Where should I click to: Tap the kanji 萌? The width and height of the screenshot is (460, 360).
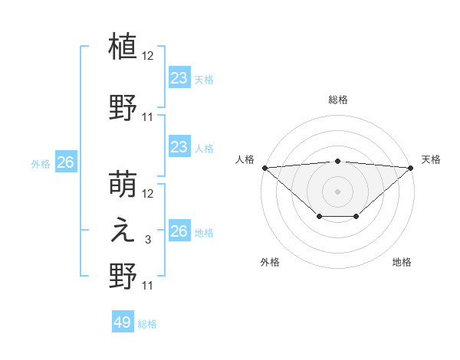click(x=123, y=186)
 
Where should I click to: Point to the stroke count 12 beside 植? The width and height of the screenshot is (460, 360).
click(x=148, y=56)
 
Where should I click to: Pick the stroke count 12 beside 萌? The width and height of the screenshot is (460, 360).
click(x=148, y=195)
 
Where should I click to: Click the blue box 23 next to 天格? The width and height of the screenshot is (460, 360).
click(x=179, y=78)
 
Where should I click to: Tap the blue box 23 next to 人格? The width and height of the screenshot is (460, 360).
click(x=179, y=147)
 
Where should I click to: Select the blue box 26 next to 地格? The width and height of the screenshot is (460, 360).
click(x=179, y=231)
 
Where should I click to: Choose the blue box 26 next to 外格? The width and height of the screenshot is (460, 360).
click(x=65, y=162)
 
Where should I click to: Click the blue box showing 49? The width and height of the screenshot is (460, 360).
click(x=123, y=322)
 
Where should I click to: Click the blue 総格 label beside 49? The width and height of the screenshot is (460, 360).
click(x=147, y=324)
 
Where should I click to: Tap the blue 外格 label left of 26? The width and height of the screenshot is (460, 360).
click(x=41, y=163)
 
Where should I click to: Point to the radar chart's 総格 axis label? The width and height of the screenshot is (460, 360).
click(x=337, y=100)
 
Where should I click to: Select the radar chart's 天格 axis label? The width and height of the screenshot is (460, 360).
click(x=431, y=159)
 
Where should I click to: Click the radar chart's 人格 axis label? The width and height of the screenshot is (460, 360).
click(x=245, y=159)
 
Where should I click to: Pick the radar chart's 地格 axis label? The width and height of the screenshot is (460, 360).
click(x=402, y=262)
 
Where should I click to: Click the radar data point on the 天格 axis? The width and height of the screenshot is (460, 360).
click(x=411, y=167)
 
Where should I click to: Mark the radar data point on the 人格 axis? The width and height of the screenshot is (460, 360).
click(x=264, y=167)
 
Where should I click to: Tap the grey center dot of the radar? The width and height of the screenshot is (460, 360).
click(x=337, y=191)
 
